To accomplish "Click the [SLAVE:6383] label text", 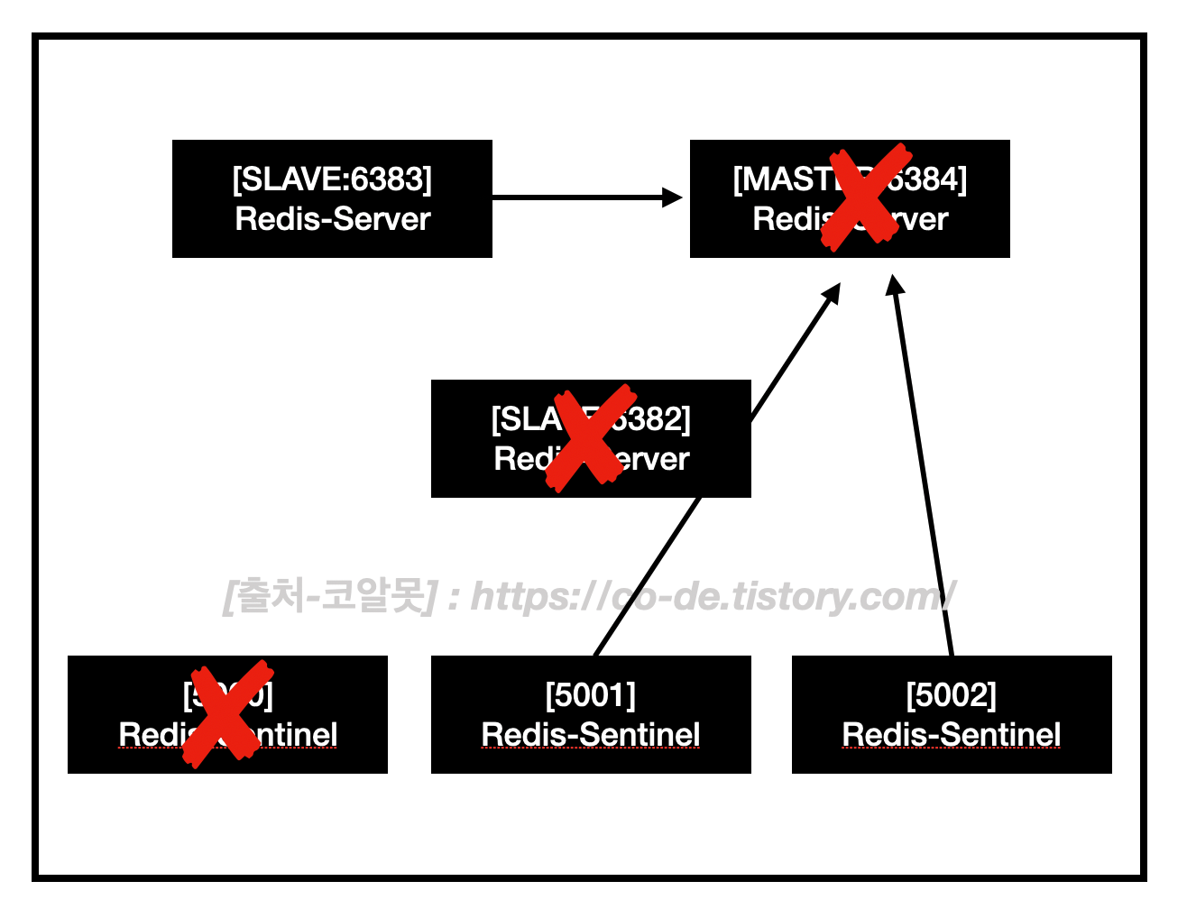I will (x=332, y=179).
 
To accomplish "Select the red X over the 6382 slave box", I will (x=591, y=437).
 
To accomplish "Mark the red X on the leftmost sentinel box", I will (x=227, y=713).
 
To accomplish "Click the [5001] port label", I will (x=591, y=695).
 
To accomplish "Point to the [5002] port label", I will (x=952, y=695).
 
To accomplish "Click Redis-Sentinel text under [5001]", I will (x=591, y=735).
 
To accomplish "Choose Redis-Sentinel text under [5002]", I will (x=952, y=735).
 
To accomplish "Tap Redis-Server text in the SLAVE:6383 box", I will (x=332, y=219).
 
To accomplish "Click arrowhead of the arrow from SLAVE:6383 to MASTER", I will (x=673, y=197).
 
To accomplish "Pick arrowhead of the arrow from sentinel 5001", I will (x=832, y=294).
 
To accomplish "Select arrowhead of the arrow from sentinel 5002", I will (x=894, y=286).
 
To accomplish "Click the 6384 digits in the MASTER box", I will (x=928, y=179).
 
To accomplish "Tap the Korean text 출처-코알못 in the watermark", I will (x=330, y=596).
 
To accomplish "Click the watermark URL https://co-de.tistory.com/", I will (x=713, y=596).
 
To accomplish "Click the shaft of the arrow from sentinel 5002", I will (x=924, y=469).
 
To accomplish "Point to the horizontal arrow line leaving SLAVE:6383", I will (x=577, y=197).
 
